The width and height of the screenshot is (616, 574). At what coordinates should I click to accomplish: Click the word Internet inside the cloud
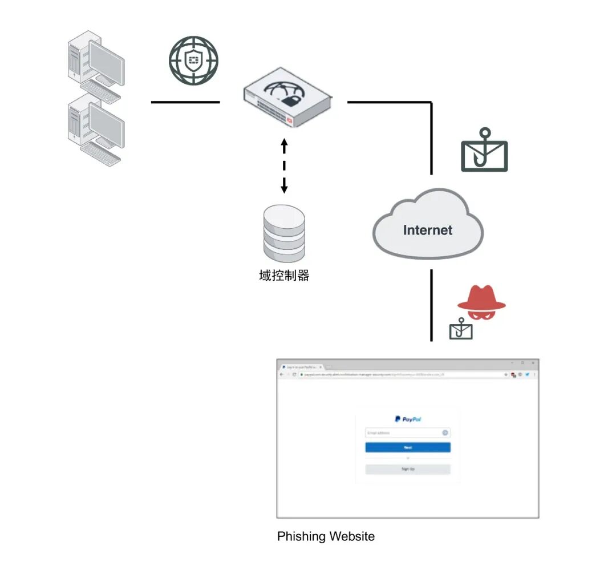point(427,230)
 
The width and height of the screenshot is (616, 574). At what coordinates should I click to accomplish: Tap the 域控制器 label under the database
point(284,276)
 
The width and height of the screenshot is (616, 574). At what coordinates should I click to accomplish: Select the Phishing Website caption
point(326,536)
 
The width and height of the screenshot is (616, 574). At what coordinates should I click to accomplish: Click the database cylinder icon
point(284,233)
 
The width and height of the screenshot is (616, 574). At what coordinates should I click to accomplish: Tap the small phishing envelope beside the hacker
point(461,330)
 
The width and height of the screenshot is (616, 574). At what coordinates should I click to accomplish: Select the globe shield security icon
point(193,61)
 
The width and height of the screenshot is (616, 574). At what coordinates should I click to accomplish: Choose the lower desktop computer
point(94,129)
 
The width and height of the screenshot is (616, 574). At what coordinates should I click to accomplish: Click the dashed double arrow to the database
point(284,165)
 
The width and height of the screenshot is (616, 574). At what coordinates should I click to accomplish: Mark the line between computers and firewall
point(185,103)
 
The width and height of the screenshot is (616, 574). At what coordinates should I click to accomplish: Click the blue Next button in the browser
point(408,448)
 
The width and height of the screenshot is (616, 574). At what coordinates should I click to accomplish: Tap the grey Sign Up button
point(408,469)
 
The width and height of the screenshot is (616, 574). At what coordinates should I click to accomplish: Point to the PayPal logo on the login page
point(408,419)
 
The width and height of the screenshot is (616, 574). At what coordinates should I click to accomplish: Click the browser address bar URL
point(371,375)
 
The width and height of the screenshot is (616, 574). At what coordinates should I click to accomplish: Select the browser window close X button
point(533,363)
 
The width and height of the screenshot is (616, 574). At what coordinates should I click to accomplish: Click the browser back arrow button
point(281,375)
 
